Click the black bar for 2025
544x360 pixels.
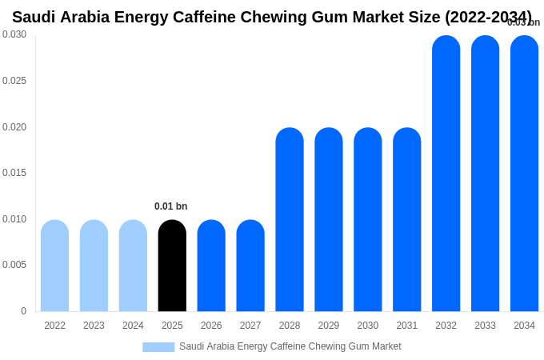(x=172, y=266)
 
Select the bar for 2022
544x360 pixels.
(x=54, y=266)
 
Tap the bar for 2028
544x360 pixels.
(x=290, y=220)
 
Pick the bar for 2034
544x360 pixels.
(x=524, y=174)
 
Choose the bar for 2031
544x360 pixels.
(x=406, y=220)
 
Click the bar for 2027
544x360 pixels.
(x=250, y=266)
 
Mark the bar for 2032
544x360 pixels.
(x=446, y=174)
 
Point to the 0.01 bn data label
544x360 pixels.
(x=170, y=206)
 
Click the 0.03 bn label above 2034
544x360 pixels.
(x=523, y=22)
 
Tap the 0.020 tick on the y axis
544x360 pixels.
(x=14, y=127)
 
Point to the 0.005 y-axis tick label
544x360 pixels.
(x=14, y=265)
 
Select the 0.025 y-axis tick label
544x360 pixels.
(x=14, y=81)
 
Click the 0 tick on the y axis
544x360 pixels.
(x=23, y=311)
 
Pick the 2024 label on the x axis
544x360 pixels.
(x=133, y=326)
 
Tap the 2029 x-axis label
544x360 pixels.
(x=329, y=326)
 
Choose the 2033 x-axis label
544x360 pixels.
(x=485, y=326)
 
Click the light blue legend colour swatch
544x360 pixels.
(x=158, y=347)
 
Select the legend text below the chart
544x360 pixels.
(x=290, y=346)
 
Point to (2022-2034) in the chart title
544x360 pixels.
(x=488, y=17)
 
